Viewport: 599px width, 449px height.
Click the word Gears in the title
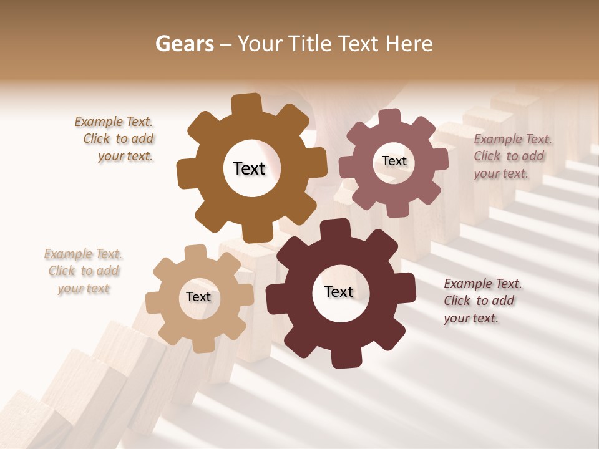pyautogui.click(x=184, y=44)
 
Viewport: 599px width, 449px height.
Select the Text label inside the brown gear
pyautogui.click(x=249, y=168)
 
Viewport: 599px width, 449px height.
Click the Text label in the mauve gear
pyautogui.click(x=394, y=161)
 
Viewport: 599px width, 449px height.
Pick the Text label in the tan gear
pyautogui.click(x=198, y=297)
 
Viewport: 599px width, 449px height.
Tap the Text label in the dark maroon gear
pyautogui.click(x=339, y=291)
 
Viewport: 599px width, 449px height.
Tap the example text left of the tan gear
pyautogui.click(x=84, y=271)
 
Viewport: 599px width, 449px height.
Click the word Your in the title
pyautogui.click(x=260, y=44)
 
